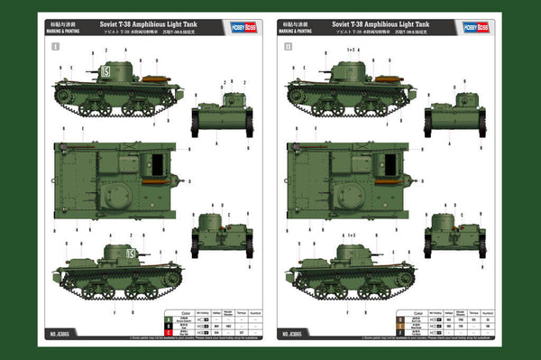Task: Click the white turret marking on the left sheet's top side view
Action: (106, 69)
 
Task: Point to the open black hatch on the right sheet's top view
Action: (388, 165)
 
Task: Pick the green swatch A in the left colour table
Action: (169, 318)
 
